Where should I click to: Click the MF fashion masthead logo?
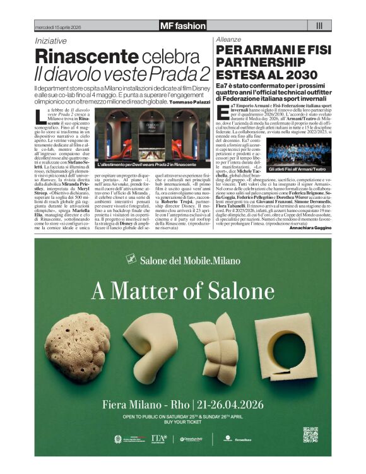coord(182,26)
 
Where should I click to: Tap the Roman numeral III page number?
coord(319,26)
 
